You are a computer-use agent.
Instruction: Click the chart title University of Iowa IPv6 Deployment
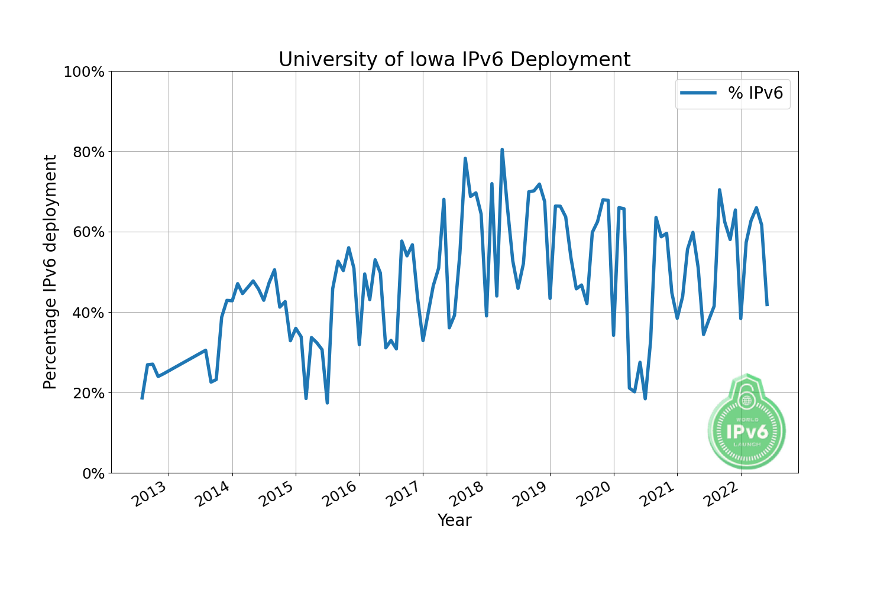tap(454, 60)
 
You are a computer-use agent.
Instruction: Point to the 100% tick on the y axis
tap(84, 72)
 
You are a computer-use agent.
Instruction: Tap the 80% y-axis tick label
tap(88, 152)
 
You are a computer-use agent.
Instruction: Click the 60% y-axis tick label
tap(88, 232)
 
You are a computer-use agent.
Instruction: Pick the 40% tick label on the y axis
tap(88, 313)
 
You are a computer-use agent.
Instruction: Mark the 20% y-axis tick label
tap(88, 393)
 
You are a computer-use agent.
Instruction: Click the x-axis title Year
tap(454, 521)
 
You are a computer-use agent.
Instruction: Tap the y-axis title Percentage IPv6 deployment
tap(51, 272)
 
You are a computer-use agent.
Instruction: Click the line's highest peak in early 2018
tap(502, 150)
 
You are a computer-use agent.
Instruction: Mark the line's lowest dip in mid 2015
tap(327, 402)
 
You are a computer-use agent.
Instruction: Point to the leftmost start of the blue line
tap(142, 398)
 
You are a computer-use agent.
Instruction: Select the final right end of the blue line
tap(767, 305)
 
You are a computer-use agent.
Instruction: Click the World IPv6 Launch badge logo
tap(747, 423)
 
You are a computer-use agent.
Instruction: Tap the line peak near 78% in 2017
tap(465, 158)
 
